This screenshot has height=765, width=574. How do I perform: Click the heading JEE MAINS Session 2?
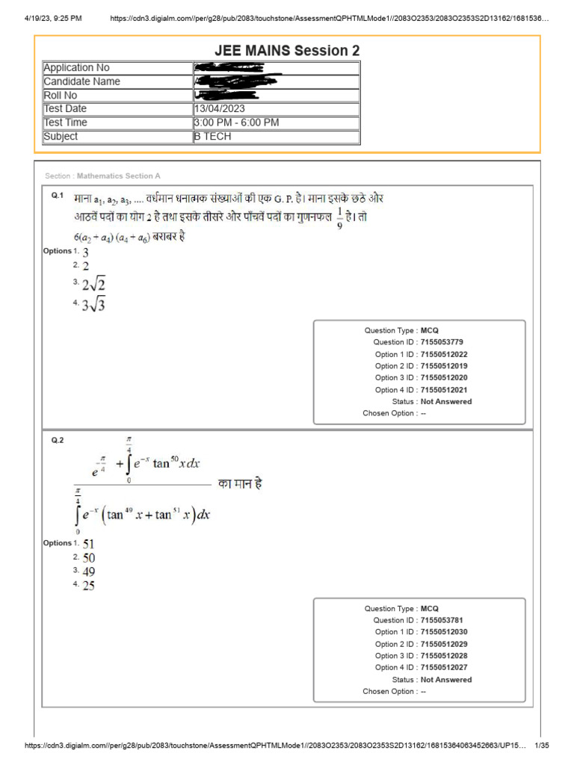coord(287,51)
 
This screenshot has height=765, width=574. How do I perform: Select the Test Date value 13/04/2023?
coord(219,109)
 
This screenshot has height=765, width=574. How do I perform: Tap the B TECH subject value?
coord(213,137)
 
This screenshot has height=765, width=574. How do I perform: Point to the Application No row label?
coord(76,68)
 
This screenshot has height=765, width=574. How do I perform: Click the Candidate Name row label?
coord(81,81)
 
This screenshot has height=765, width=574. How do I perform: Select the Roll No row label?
coord(61,96)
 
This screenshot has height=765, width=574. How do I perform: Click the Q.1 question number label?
coord(57,196)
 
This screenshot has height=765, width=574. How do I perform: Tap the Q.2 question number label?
coord(58,441)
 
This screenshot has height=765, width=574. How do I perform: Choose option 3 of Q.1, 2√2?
coord(93,285)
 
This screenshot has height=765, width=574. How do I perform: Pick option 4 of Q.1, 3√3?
coord(93,305)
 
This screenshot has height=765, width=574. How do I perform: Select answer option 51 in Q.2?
coord(88,545)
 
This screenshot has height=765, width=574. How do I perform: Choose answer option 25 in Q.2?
coord(88,586)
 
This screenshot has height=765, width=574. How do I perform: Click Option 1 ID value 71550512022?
coord(444,354)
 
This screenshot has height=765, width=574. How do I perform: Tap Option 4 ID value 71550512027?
coord(444,668)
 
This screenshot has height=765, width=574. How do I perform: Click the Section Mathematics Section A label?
coord(102,176)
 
